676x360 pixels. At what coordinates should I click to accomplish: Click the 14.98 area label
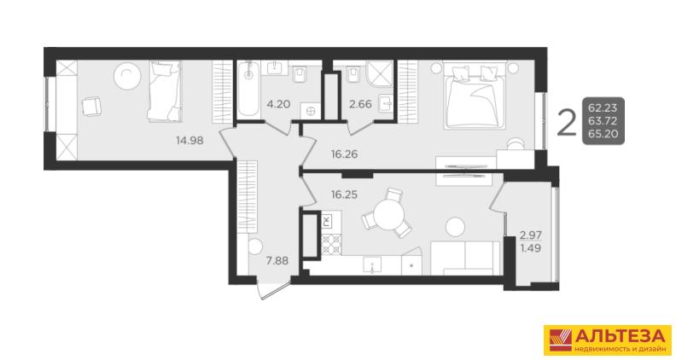189,140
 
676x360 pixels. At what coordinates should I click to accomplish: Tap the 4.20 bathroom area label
278,104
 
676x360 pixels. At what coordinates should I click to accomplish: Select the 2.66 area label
360,104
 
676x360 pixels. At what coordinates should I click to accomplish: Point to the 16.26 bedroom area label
345,154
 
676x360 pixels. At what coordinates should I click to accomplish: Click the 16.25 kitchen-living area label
345,195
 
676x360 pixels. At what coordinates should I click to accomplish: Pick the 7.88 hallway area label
277,260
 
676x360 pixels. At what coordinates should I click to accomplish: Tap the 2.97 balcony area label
531,235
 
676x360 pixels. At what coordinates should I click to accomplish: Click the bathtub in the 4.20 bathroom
248,89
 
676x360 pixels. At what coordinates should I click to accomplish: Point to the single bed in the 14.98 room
164,90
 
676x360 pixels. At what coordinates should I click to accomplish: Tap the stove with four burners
331,245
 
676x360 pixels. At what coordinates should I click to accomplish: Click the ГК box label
326,222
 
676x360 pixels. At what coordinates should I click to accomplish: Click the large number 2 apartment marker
567,123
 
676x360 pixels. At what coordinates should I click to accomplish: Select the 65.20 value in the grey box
603,134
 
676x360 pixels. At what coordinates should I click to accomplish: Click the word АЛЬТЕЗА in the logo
621,335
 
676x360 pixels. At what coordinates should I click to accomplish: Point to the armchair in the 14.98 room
91,106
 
